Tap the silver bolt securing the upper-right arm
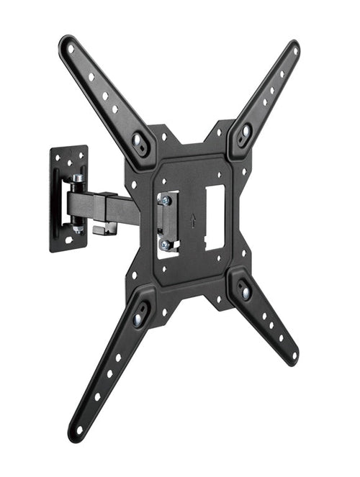[x=245, y=132]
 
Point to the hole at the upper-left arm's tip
[x=71, y=49]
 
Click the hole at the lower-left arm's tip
[x=78, y=430]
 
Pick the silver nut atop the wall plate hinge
[x=76, y=177]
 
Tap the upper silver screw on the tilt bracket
[x=166, y=201]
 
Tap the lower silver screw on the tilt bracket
[x=166, y=245]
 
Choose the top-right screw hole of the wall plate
[x=81, y=154]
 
